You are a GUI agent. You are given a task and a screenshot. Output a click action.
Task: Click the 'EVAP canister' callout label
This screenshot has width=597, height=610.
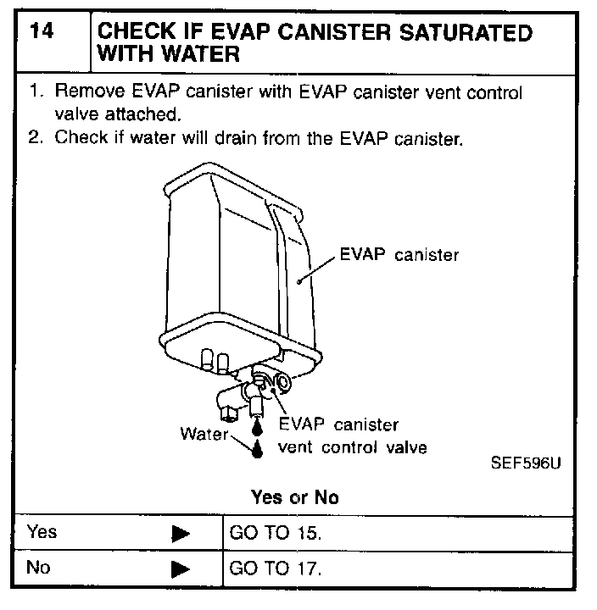click(399, 254)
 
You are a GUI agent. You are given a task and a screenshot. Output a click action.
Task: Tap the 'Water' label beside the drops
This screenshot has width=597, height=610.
click(204, 434)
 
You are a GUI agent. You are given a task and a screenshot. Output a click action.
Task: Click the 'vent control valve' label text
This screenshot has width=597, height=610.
click(352, 447)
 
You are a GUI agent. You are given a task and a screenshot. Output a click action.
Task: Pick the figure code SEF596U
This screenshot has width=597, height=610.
click(526, 464)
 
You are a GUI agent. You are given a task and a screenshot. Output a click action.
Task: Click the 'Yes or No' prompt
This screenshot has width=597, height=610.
click(294, 497)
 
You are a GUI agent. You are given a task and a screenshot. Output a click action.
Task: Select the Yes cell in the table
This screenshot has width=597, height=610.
click(42, 533)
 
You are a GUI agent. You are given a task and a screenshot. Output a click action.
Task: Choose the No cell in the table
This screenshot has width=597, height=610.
click(39, 568)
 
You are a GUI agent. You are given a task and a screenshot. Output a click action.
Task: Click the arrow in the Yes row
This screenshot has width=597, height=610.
click(180, 535)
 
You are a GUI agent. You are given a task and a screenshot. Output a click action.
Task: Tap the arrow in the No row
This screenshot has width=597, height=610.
click(180, 569)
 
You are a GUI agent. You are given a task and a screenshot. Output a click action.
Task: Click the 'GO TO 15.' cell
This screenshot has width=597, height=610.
click(276, 534)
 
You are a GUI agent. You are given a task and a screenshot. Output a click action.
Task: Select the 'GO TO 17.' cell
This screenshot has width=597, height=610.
click(276, 568)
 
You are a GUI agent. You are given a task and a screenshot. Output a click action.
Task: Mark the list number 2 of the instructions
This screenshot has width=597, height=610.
click(35, 137)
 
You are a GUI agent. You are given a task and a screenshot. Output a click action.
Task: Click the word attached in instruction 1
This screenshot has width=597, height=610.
click(152, 114)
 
